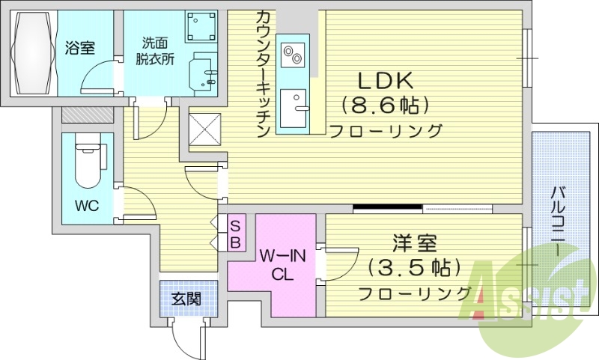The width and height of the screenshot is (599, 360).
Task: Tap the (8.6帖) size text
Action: (x=385, y=104)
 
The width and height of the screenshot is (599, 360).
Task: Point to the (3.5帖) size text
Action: (x=414, y=267)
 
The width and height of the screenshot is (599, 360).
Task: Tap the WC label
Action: (x=86, y=206)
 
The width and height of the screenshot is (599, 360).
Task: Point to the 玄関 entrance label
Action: (x=186, y=299)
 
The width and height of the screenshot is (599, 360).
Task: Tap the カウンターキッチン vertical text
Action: (x=263, y=75)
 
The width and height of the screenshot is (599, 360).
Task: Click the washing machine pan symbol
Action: (x=201, y=27)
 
